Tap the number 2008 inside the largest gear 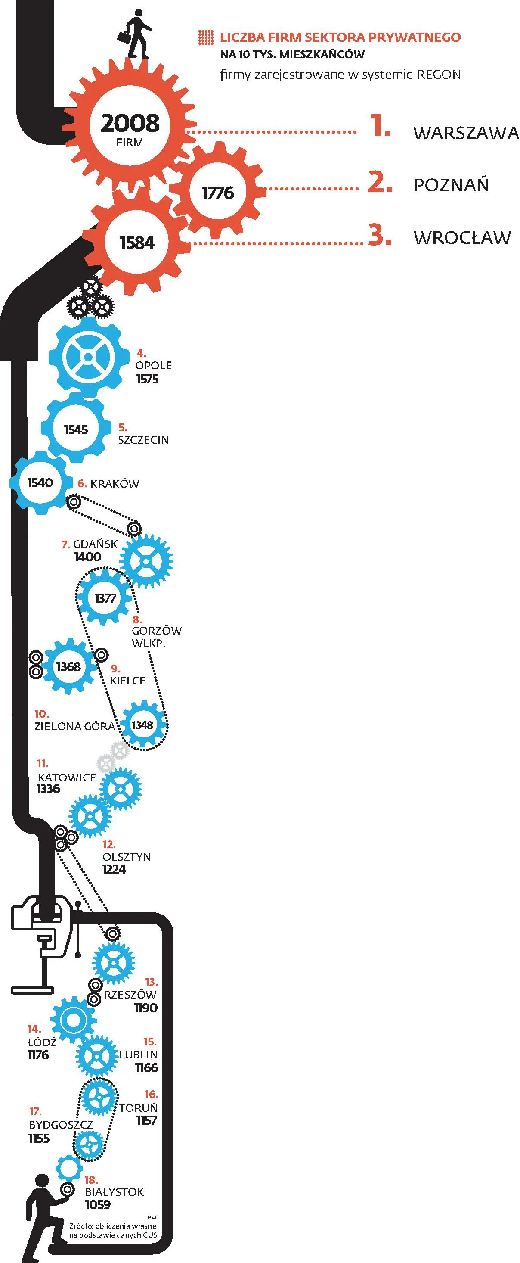pos(130,123)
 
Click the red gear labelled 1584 pos(137,243)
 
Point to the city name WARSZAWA pos(466,133)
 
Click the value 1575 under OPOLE pos(147,379)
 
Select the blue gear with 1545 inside pos(76,429)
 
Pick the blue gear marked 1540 pos(40,483)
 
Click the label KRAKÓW pos(115,483)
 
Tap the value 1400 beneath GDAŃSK pos(87,557)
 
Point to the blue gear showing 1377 pos(105,597)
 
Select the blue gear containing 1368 pos(68,666)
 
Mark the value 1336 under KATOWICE pos(48,788)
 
